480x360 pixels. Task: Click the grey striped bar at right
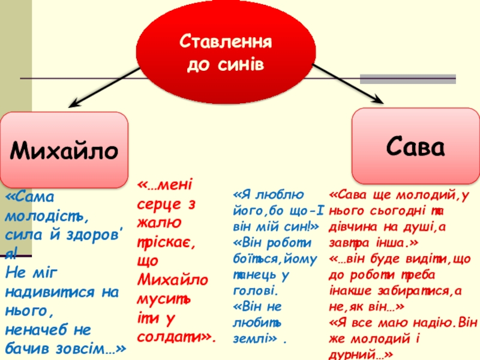[407, 79]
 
